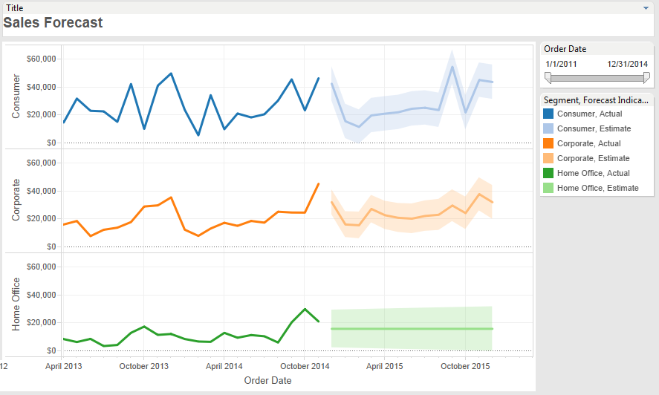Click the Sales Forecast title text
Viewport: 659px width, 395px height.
(x=53, y=22)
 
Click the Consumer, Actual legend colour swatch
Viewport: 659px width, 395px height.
(x=548, y=114)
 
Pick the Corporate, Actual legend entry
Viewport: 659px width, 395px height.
(x=588, y=143)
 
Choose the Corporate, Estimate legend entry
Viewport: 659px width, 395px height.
(x=593, y=158)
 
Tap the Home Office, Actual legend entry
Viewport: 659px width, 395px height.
(x=593, y=173)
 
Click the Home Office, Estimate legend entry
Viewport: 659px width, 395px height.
(x=597, y=188)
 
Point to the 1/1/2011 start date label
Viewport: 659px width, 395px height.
(x=562, y=64)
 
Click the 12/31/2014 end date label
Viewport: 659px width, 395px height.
(x=627, y=64)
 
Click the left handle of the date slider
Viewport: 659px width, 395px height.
(x=548, y=77)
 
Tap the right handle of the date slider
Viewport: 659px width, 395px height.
(x=646, y=77)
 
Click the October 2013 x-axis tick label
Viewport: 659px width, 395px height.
(x=144, y=366)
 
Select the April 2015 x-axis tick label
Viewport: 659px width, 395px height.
(x=385, y=366)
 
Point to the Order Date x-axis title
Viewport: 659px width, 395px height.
(x=267, y=381)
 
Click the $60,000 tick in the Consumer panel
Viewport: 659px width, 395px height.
(x=42, y=59)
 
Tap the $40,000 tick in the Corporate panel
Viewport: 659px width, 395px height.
(x=42, y=191)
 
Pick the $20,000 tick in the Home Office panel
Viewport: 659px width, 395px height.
(x=42, y=322)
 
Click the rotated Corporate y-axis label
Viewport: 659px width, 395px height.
(x=16, y=201)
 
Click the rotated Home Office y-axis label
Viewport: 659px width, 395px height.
(x=16, y=304)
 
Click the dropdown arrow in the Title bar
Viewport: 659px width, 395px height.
(x=647, y=7)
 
